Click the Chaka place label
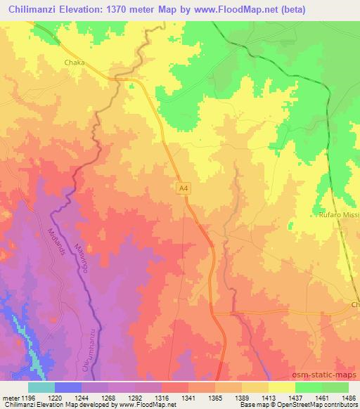point(75,63)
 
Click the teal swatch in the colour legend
point(41,387)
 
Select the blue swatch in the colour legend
point(68,387)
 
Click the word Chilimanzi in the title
point(32,8)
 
